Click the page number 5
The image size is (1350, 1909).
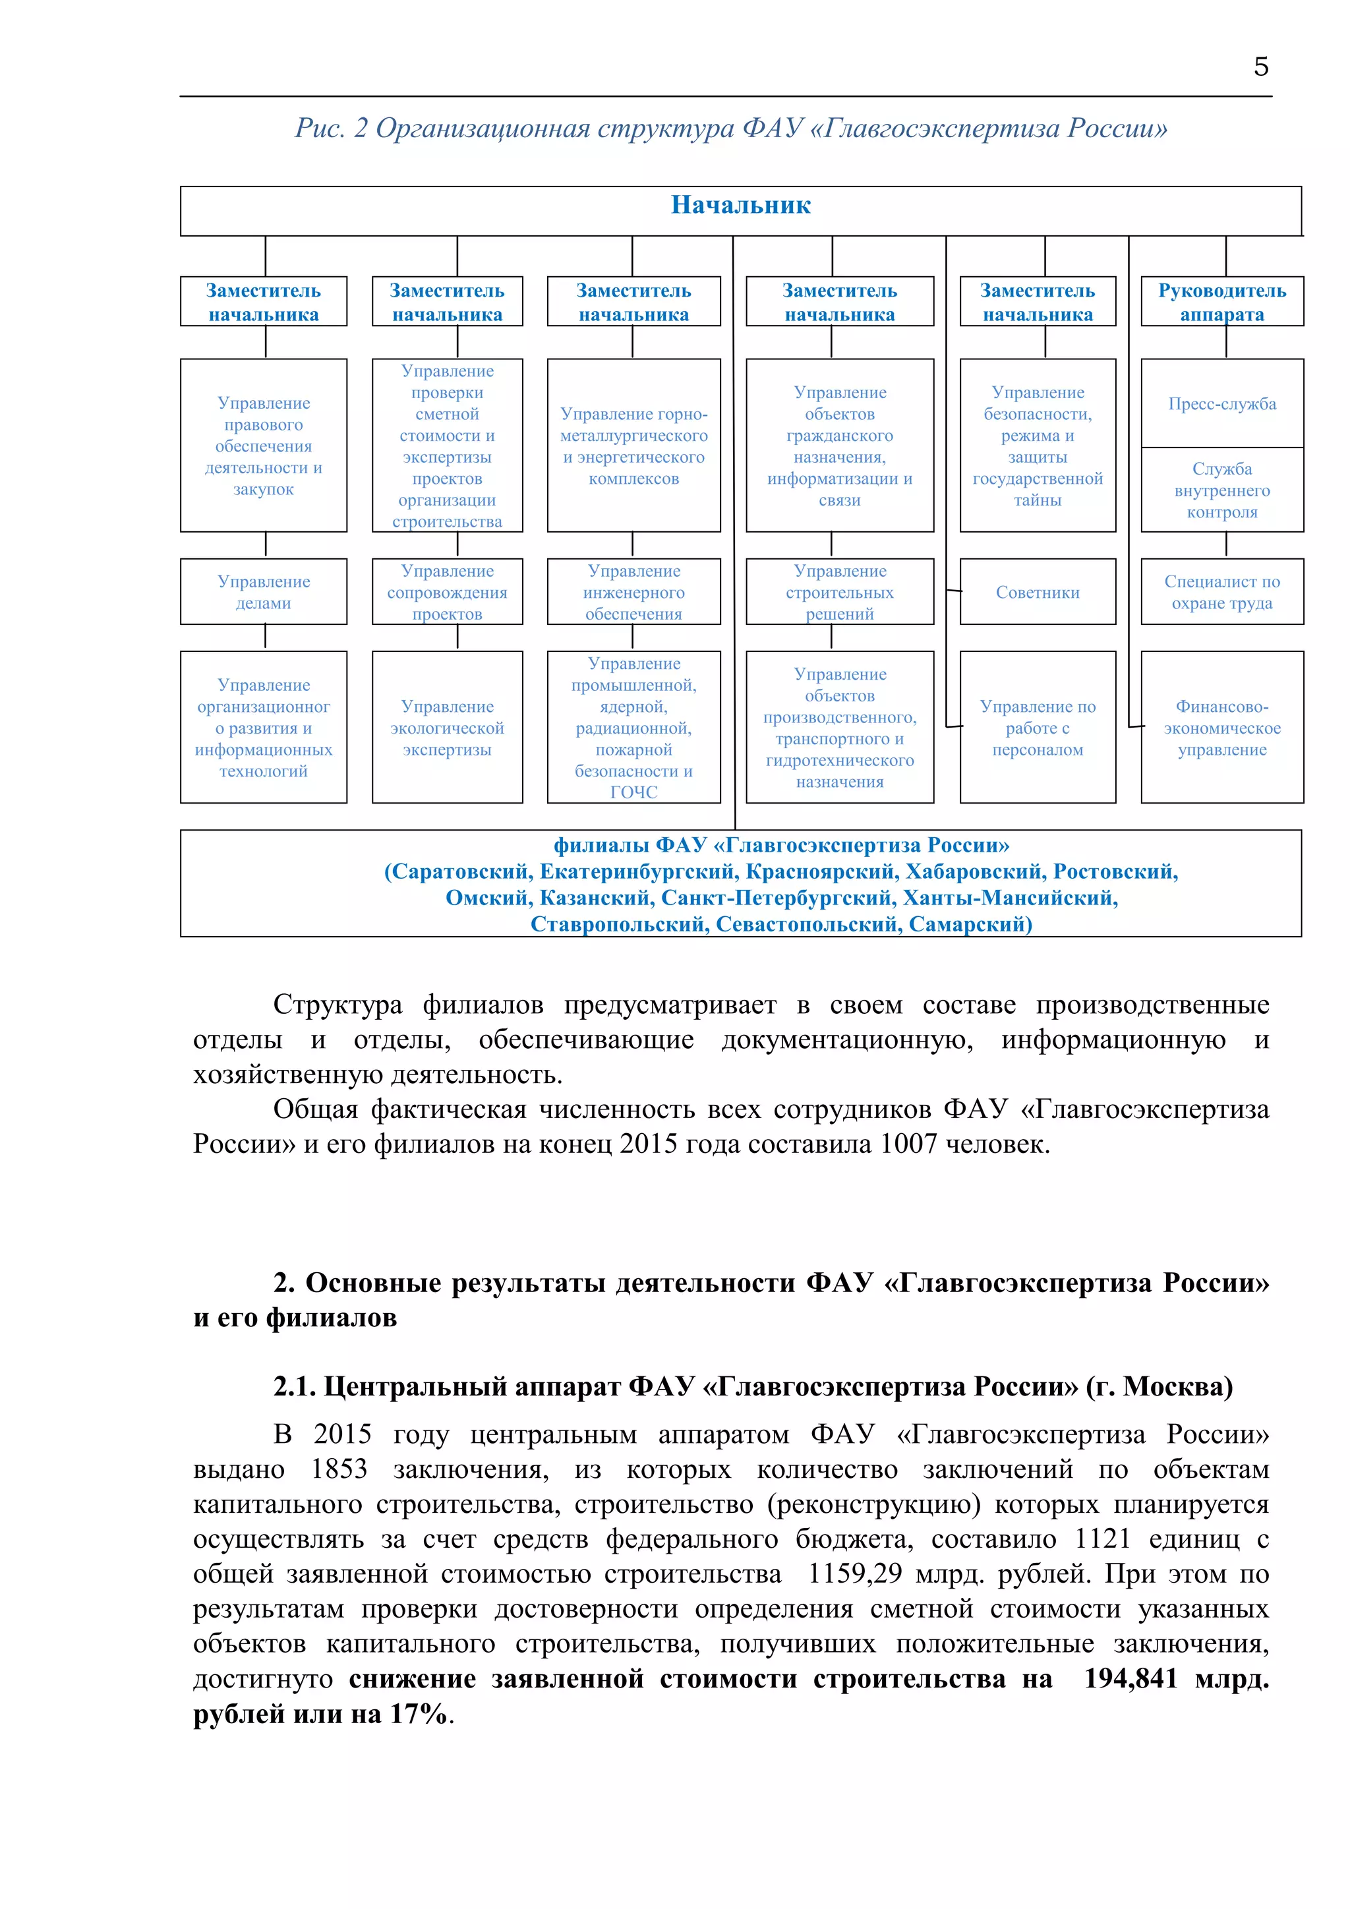[1260, 67]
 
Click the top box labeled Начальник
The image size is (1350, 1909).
[740, 210]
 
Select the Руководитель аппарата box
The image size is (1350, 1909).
[1221, 301]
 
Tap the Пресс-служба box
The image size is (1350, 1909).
[1221, 403]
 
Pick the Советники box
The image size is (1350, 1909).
[1037, 592]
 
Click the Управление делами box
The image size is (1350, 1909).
[264, 592]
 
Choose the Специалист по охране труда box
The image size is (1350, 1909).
[1221, 592]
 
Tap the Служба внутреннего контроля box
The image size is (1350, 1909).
[1221, 490]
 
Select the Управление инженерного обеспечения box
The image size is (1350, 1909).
[633, 592]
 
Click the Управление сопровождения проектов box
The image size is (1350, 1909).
[447, 592]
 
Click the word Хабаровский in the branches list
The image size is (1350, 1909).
[974, 871]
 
